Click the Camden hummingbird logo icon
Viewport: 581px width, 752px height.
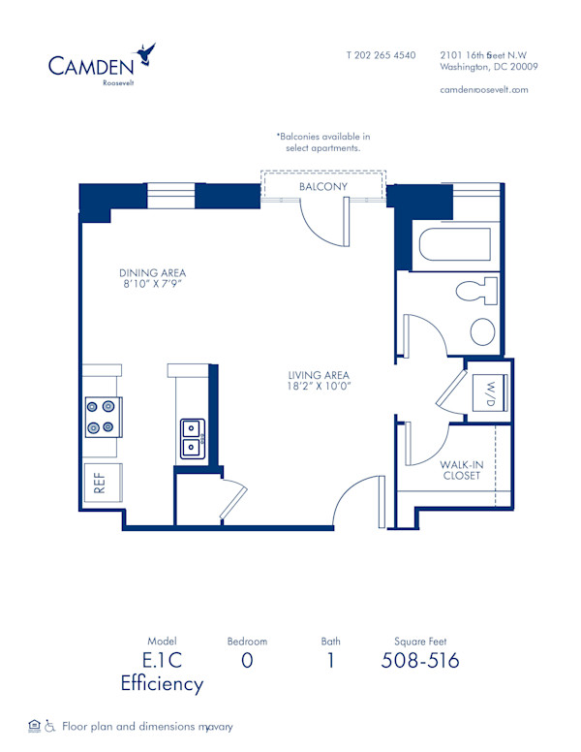(x=147, y=53)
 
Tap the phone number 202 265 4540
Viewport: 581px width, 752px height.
(x=381, y=55)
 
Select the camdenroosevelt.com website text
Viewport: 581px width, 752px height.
(x=483, y=89)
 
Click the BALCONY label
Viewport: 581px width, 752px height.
(x=322, y=186)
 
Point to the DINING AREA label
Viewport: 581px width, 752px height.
(x=152, y=272)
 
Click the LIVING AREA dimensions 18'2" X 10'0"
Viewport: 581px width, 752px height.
(x=318, y=387)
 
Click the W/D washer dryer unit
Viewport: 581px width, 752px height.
(x=488, y=392)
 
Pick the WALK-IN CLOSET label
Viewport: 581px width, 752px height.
(x=461, y=469)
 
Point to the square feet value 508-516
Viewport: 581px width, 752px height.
(x=420, y=661)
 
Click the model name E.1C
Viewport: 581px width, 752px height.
(x=162, y=661)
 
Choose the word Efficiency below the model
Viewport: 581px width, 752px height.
(x=162, y=684)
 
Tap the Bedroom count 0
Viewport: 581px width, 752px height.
(x=247, y=661)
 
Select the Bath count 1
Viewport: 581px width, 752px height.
(x=330, y=661)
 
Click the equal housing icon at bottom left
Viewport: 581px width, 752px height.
(x=35, y=725)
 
